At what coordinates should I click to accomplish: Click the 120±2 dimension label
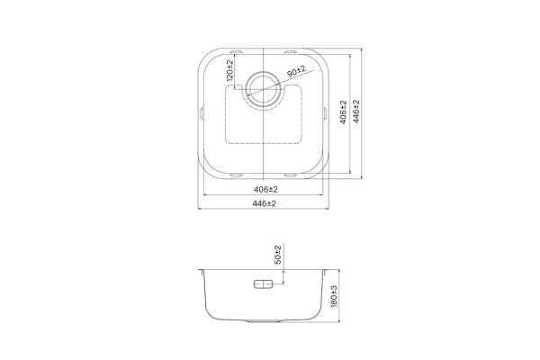(x=229, y=70)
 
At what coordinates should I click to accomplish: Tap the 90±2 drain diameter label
(x=296, y=71)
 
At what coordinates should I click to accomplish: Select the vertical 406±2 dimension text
(x=343, y=112)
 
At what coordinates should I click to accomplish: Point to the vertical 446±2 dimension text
(x=356, y=112)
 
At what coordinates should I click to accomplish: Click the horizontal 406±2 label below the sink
(x=265, y=190)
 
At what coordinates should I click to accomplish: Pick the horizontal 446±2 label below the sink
(x=264, y=203)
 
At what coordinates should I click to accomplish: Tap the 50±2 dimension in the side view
(x=278, y=255)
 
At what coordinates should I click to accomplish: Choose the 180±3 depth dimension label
(x=334, y=297)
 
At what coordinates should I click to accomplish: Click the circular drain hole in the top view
(x=263, y=89)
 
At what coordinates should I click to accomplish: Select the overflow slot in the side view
(x=264, y=284)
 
